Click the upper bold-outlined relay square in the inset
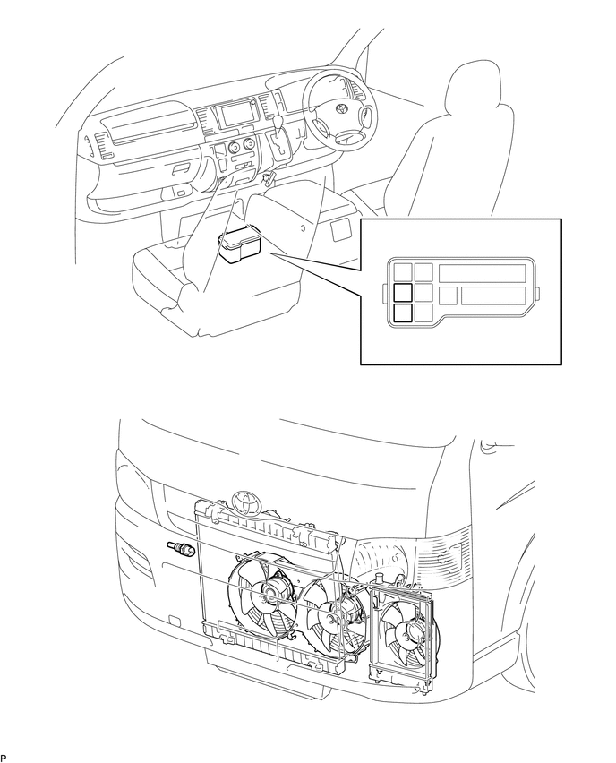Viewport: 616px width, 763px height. tap(403, 292)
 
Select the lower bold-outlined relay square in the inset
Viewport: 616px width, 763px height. tap(403, 312)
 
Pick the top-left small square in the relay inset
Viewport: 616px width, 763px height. tap(403, 272)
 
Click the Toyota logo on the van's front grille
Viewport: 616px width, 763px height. tap(245, 499)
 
